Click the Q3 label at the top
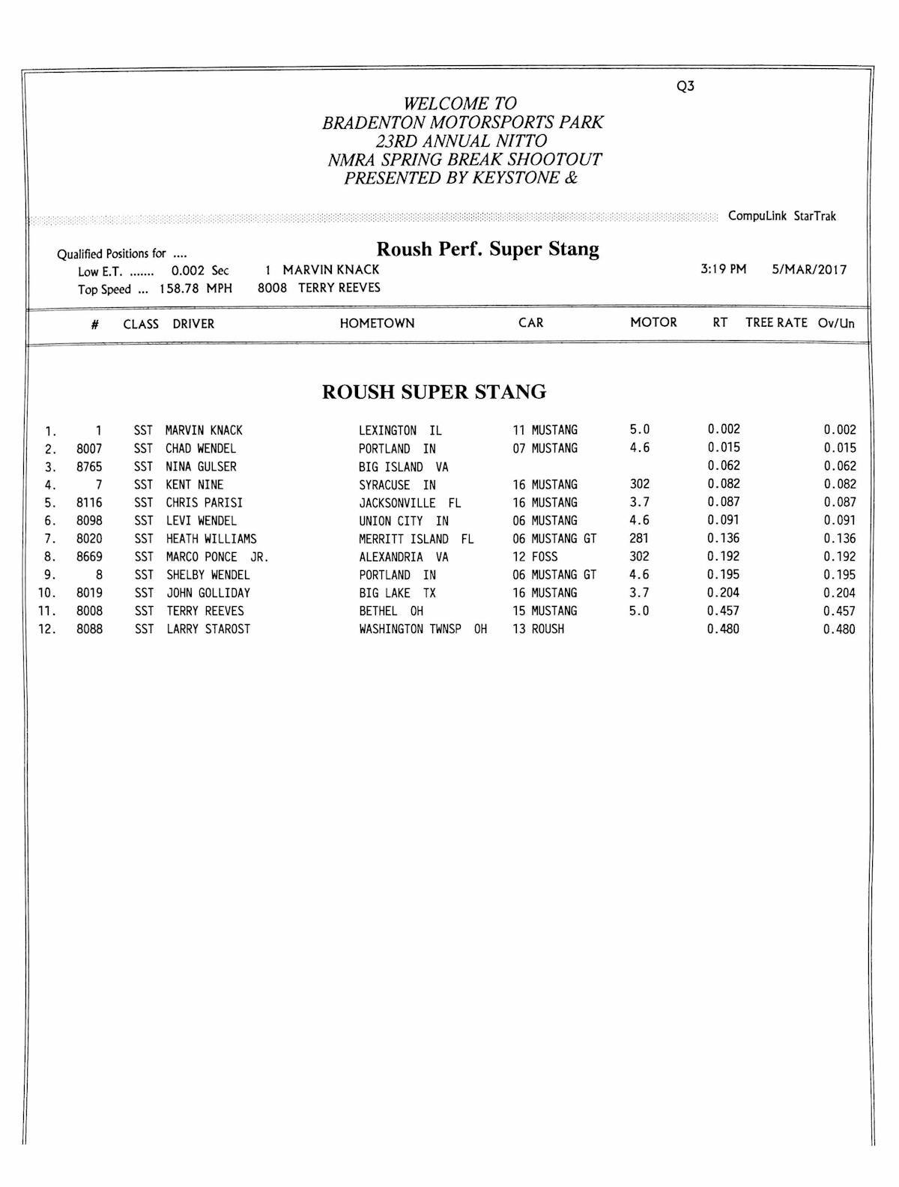click(x=685, y=86)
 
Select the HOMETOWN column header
click(x=377, y=324)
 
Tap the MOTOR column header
click(x=653, y=323)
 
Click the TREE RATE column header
click(x=776, y=323)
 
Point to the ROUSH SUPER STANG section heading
click(x=434, y=392)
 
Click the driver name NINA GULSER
click(x=201, y=467)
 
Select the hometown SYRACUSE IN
click(x=397, y=485)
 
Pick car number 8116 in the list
click(x=89, y=503)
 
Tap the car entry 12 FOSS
click(x=535, y=557)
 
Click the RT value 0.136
click(x=723, y=539)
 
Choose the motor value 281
click(x=639, y=539)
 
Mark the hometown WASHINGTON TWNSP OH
click(x=423, y=629)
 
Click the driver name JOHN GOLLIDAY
click(x=208, y=593)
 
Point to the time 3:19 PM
click(x=723, y=270)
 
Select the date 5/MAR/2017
click(x=809, y=270)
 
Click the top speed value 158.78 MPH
click(x=195, y=289)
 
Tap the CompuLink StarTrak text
click(x=781, y=217)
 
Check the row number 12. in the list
click(x=47, y=629)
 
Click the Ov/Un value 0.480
click(x=839, y=629)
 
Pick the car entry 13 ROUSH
click(x=538, y=629)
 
